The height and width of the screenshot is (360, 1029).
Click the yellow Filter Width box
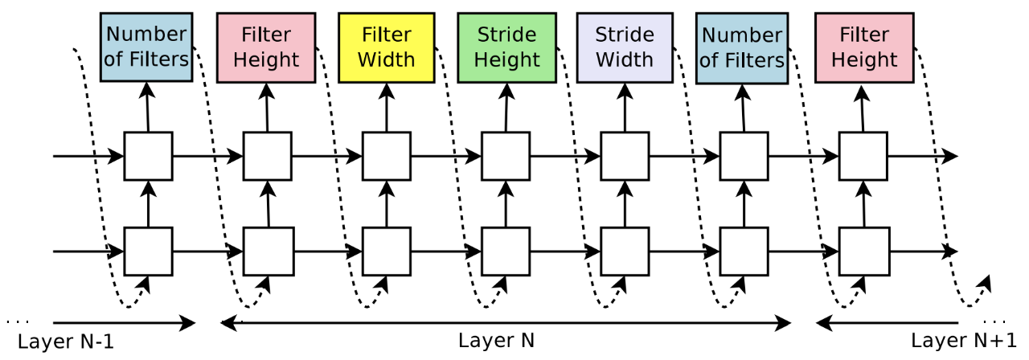click(x=387, y=47)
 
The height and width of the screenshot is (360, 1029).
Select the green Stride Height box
click(x=506, y=47)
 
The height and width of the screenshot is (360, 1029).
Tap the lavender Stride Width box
click(x=625, y=47)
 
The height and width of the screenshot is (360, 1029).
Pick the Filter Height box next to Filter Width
click(x=266, y=47)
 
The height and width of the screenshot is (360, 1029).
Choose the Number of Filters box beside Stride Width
click(x=742, y=48)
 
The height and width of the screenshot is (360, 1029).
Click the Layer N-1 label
click(x=66, y=342)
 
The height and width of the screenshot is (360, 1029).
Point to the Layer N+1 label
click(x=964, y=341)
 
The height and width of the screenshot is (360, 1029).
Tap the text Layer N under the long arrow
click(x=496, y=341)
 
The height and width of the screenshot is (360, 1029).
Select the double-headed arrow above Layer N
click(x=506, y=323)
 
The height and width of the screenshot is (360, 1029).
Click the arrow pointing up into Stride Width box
click(x=625, y=108)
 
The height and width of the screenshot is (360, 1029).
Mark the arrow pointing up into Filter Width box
click(x=387, y=108)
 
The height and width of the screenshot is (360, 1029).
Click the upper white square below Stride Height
click(x=506, y=156)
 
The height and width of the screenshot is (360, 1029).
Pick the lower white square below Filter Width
click(x=387, y=252)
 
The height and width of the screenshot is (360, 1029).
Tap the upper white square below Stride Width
click(x=625, y=156)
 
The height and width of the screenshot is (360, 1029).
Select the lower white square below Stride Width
click(x=625, y=252)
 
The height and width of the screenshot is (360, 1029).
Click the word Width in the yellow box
click(x=387, y=59)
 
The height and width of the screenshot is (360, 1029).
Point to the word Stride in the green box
click(x=506, y=35)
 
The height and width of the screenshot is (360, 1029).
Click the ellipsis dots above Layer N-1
click(x=18, y=322)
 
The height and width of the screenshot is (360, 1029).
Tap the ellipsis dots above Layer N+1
click(x=994, y=322)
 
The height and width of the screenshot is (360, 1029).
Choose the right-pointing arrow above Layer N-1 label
click(x=124, y=323)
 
